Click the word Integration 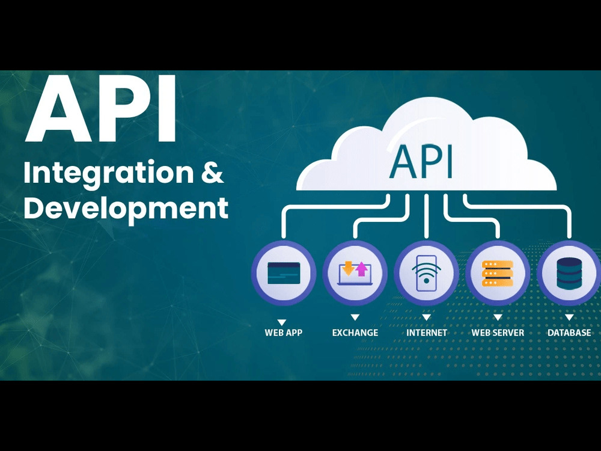(109, 174)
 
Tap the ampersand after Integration (212, 172)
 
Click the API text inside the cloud (421, 162)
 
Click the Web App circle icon (284, 273)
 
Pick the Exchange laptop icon (355, 273)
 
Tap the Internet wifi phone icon (426, 273)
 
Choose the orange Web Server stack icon (498, 273)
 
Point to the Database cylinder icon (569, 273)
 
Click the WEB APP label (284, 333)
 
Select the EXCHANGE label (355, 333)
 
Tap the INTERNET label (427, 333)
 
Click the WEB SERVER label (498, 333)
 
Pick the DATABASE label (569, 333)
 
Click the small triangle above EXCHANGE (355, 317)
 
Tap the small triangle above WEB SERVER (498, 317)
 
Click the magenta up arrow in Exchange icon (361, 269)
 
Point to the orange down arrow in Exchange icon (348, 268)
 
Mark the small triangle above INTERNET (426, 317)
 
